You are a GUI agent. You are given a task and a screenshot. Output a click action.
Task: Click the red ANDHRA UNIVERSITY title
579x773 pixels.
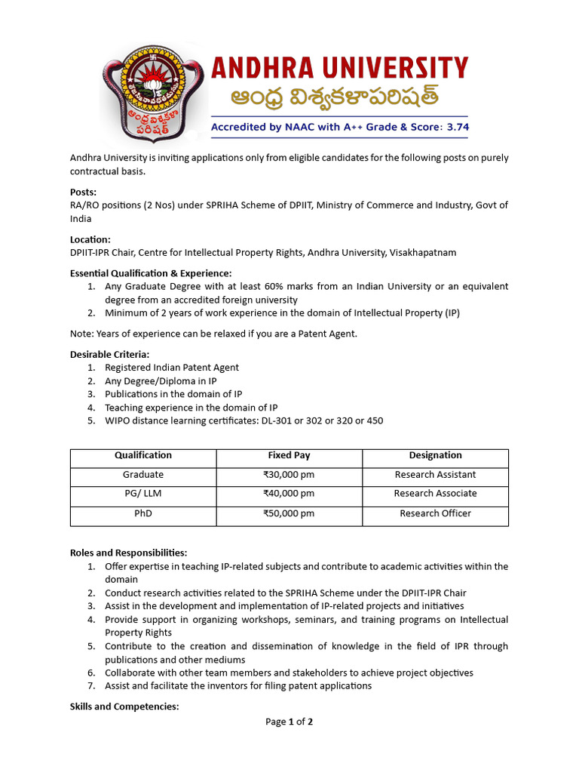339,69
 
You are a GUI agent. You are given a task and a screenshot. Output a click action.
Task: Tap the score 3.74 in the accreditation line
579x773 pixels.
455,128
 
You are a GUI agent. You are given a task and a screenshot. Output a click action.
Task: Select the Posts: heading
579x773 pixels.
83,192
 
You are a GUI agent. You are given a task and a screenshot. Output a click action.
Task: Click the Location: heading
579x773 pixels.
90,239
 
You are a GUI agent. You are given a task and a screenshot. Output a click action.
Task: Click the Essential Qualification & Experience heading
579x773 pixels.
151,273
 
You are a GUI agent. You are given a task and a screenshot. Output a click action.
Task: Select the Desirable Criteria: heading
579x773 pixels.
109,354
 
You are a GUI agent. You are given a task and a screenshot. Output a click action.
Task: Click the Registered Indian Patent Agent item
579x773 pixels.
172,368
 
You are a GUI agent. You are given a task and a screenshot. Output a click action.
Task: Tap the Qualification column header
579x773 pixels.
143,455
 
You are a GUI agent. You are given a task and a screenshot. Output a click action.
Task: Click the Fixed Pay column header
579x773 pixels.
289,455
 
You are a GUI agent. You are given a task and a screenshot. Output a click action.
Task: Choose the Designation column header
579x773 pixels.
435,455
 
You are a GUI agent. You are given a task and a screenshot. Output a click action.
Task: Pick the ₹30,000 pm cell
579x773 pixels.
289,475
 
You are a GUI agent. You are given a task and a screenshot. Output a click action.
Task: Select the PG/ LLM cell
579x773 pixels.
143,494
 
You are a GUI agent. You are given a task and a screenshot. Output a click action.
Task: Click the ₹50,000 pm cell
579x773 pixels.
289,513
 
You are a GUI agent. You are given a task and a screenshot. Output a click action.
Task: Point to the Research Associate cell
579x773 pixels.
435,494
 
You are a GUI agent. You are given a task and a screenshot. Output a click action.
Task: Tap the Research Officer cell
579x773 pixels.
435,513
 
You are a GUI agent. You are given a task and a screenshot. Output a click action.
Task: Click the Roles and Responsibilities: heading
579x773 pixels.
128,553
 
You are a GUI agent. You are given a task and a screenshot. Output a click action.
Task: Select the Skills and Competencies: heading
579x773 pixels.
124,707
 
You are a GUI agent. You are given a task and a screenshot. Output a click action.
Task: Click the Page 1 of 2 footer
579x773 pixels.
289,722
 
